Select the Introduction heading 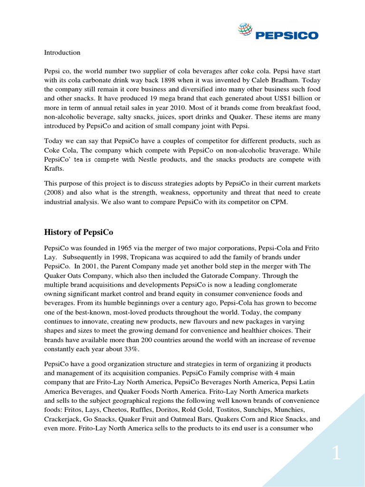click(x=62, y=52)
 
